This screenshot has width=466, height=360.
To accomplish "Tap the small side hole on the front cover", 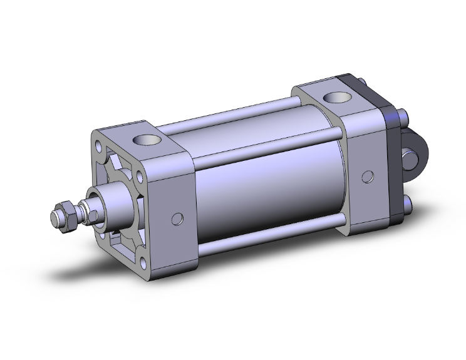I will tap(179, 219).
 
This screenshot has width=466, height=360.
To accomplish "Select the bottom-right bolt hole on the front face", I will tap(146, 262).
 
